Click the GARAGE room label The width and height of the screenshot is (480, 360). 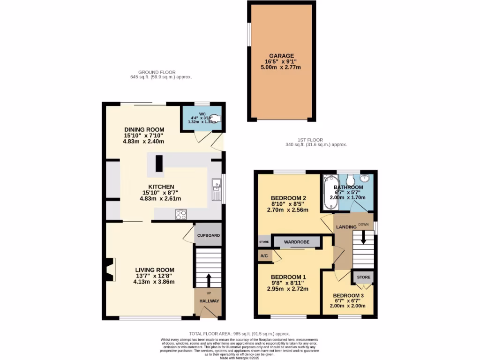pos(281,55)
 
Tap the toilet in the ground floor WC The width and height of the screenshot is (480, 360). pos(217,119)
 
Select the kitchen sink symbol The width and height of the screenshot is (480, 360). pos(216,189)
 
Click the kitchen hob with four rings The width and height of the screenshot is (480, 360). pos(181,215)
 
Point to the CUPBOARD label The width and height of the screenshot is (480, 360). pos(208,235)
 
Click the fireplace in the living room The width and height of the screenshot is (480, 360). pos(109,270)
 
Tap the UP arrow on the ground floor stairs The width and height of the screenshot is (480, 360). pos(209,280)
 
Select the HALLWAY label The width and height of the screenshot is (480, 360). pos(209,301)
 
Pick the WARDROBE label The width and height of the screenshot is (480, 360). pos(297,242)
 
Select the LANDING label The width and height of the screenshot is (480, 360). pos(346,227)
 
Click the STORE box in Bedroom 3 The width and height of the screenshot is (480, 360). pos(363,277)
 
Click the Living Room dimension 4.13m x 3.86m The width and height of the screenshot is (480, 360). pos(154,282)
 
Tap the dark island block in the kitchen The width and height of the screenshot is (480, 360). pos(159,163)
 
